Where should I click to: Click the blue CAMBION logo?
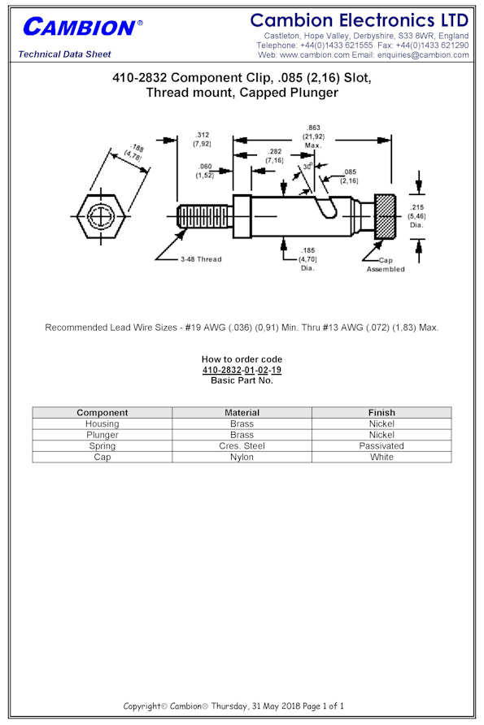(82, 27)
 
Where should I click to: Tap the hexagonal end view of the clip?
(101, 216)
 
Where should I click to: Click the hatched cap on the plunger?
(385, 216)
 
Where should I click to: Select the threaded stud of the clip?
(204, 216)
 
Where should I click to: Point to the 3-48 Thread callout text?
(201, 259)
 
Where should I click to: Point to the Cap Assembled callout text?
(386, 264)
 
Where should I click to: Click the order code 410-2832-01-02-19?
(242, 370)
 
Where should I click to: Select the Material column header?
(242, 412)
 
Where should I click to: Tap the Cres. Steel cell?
(242, 445)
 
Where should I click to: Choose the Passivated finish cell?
(382, 445)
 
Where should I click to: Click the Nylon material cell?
(242, 457)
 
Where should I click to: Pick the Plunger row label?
(102, 435)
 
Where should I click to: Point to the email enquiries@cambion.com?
(423, 54)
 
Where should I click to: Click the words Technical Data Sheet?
(64, 54)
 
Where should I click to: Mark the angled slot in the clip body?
(325, 206)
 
